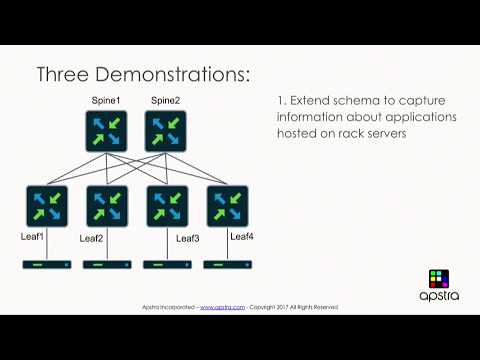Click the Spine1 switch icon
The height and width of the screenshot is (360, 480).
coord(105,131)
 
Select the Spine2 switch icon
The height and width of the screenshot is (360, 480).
coord(165,131)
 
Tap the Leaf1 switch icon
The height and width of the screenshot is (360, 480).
coord(47,206)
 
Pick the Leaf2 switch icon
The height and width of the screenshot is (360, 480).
coord(107,206)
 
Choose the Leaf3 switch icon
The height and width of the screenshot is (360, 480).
coord(167,206)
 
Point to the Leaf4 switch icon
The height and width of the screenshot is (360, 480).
coord(227,206)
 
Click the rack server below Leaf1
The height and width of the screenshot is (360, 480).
coord(47,265)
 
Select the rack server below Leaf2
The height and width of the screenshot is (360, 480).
coord(107,265)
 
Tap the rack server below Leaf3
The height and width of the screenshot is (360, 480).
coord(167,265)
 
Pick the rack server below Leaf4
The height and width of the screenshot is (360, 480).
coord(227,265)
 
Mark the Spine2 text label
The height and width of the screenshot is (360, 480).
coord(164,101)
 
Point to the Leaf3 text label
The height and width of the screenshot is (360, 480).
coord(188,238)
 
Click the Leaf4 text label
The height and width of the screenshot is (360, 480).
coord(242,236)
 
